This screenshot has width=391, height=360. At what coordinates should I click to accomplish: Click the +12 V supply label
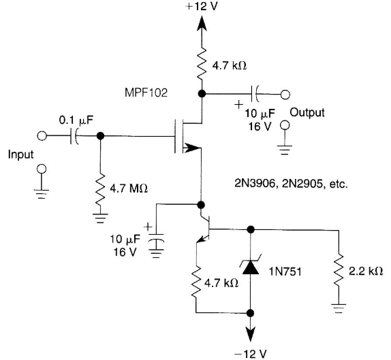pos(202,6)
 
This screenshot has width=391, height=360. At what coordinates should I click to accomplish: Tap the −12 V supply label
pos(251,353)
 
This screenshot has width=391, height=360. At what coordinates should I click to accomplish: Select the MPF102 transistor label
pos(146,93)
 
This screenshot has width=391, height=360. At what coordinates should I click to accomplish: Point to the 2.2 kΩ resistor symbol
pos(339,269)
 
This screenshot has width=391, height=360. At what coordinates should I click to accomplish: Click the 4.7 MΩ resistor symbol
pos(100,189)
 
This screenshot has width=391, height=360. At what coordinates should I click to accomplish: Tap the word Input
pos(20,154)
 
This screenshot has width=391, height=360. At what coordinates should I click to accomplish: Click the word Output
pos(307,112)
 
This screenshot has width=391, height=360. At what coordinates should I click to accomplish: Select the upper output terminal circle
pos(285,95)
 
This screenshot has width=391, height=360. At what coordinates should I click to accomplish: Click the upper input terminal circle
pos(42,136)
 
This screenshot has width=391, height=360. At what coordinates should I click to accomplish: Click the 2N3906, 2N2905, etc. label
pos(291,184)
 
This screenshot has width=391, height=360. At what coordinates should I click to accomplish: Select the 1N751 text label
pos(285,272)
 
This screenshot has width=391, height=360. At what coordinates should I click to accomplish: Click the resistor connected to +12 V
pos(202,64)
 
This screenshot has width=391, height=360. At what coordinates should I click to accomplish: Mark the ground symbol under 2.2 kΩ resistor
pos(339,308)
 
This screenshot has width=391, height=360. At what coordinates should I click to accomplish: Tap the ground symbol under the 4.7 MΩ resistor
pos(100,218)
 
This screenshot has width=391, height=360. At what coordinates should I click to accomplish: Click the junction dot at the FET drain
pos(202,94)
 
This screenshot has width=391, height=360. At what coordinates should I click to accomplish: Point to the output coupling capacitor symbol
pos(255,94)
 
